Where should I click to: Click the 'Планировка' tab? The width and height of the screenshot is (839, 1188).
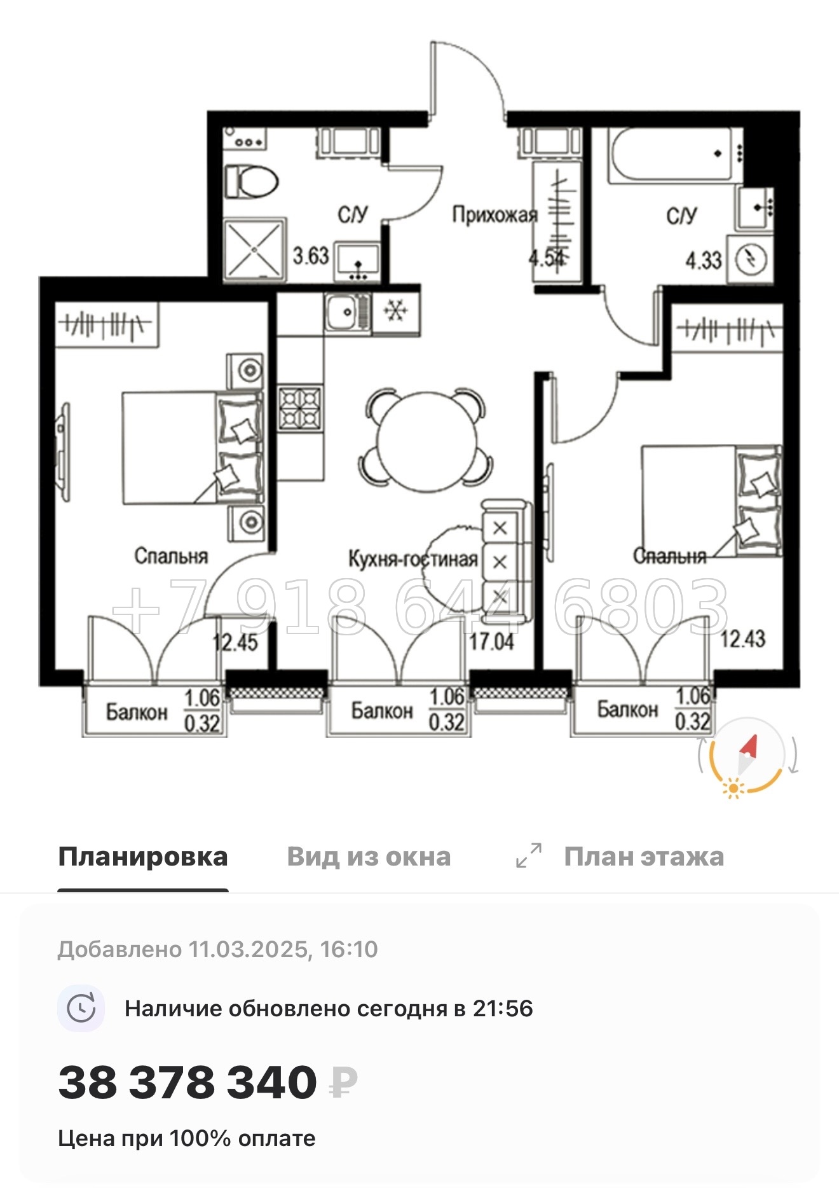tap(142, 857)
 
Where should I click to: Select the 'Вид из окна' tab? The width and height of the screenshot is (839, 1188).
tap(369, 857)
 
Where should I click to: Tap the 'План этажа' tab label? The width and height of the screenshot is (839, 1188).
tap(643, 857)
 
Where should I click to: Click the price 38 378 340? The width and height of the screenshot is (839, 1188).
tap(188, 1082)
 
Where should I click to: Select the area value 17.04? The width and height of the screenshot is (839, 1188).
tap(491, 641)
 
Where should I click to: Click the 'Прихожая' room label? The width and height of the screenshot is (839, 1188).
tap(495, 215)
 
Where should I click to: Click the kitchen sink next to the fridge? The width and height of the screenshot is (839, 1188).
tap(347, 312)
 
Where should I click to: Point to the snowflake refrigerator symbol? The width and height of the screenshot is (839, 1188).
tap(396, 311)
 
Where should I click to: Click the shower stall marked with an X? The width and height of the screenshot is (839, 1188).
tap(254, 249)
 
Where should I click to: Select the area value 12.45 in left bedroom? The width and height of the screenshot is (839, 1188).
tap(236, 642)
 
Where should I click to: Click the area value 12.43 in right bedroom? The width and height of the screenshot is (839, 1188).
tap(742, 639)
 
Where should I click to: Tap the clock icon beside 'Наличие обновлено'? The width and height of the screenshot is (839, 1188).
tap(81, 1009)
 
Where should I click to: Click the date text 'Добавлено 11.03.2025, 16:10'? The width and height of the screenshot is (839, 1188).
tap(217, 950)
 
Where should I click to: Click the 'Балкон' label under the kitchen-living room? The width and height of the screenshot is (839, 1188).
tap(381, 710)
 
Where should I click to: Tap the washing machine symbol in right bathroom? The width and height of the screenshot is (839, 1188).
tap(751, 259)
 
